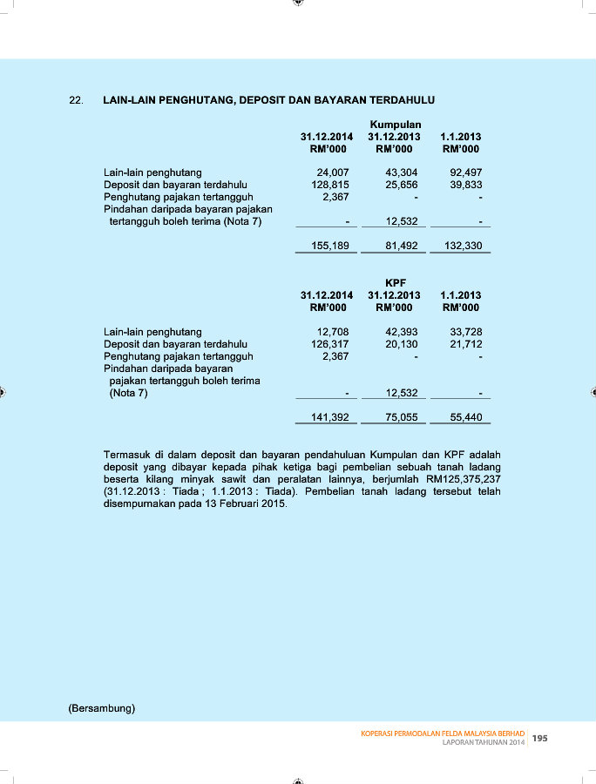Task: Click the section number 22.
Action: [x=76, y=100]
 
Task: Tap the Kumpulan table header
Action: [x=396, y=125]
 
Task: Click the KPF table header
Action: [x=396, y=283]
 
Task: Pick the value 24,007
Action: [x=333, y=172]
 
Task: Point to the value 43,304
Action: [x=402, y=172]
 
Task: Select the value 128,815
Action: [x=330, y=185]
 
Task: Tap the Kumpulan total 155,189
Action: [x=330, y=246]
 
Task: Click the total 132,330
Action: [x=464, y=246]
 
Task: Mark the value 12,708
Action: [x=333, y=332]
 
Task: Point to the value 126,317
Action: [x=330, y=344]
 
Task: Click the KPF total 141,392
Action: [x=330, y=417]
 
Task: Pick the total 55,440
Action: [x=466, y=417]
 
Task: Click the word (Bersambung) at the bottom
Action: [x=101, y=708]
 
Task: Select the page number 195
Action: [x=540, y=738]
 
